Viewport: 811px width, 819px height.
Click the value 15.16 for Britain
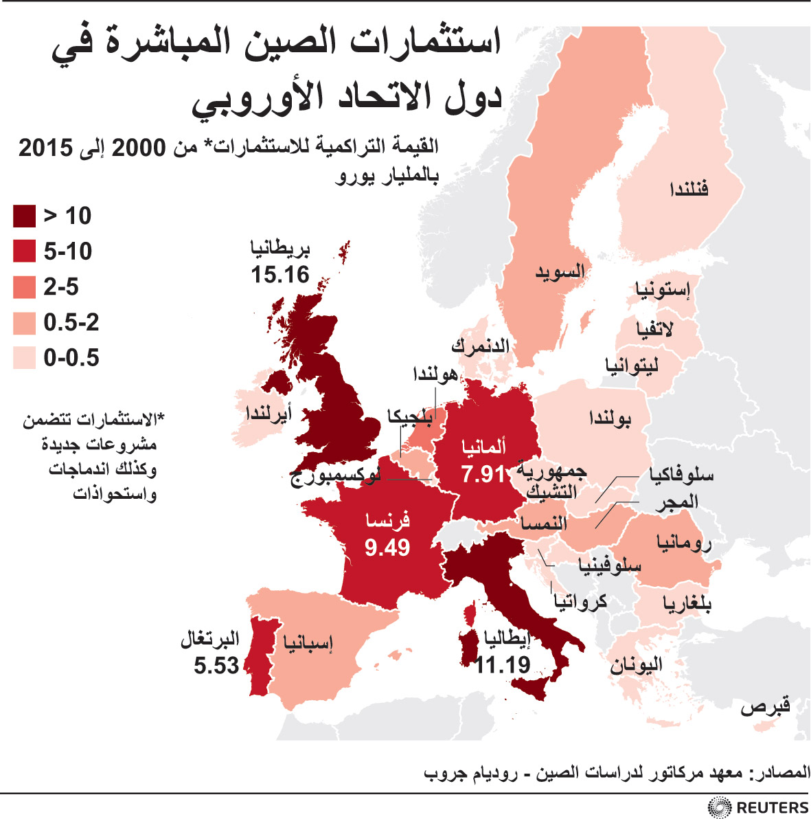click(x=280, y=275)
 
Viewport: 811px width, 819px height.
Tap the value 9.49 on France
click(x=387, y=548)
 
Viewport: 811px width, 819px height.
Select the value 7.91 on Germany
click(x=483, y=474)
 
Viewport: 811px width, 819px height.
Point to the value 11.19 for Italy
click(x=503, y=664)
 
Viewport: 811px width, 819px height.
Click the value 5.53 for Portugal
click(x=216, y=665)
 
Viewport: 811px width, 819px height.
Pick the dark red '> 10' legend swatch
click(x=24, y=216)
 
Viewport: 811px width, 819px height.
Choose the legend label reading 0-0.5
click(x=71, y=357)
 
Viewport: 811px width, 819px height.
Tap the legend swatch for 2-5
click(x=24, y=287)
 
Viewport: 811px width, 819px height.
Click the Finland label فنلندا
click(x=689, y=188)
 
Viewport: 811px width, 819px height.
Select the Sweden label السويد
click(x=560, y=272)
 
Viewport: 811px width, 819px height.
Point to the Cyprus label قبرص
click(x=765, y=706)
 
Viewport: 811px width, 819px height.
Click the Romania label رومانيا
click(x=683, y=543)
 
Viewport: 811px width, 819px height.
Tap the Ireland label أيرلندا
click(x=269, y=414)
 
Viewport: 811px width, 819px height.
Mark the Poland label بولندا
click(x=610, y=418)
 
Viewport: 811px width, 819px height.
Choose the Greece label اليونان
click(x=636, y=664)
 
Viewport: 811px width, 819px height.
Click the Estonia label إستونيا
click(x=663, y=289)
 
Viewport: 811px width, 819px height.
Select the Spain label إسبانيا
click(x=308, y=643)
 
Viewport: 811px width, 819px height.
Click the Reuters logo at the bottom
click(x=759, y=807)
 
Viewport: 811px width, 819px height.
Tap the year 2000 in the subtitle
click(x=138, y=147)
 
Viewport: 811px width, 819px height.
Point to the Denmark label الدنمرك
click(x=480, y=346)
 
